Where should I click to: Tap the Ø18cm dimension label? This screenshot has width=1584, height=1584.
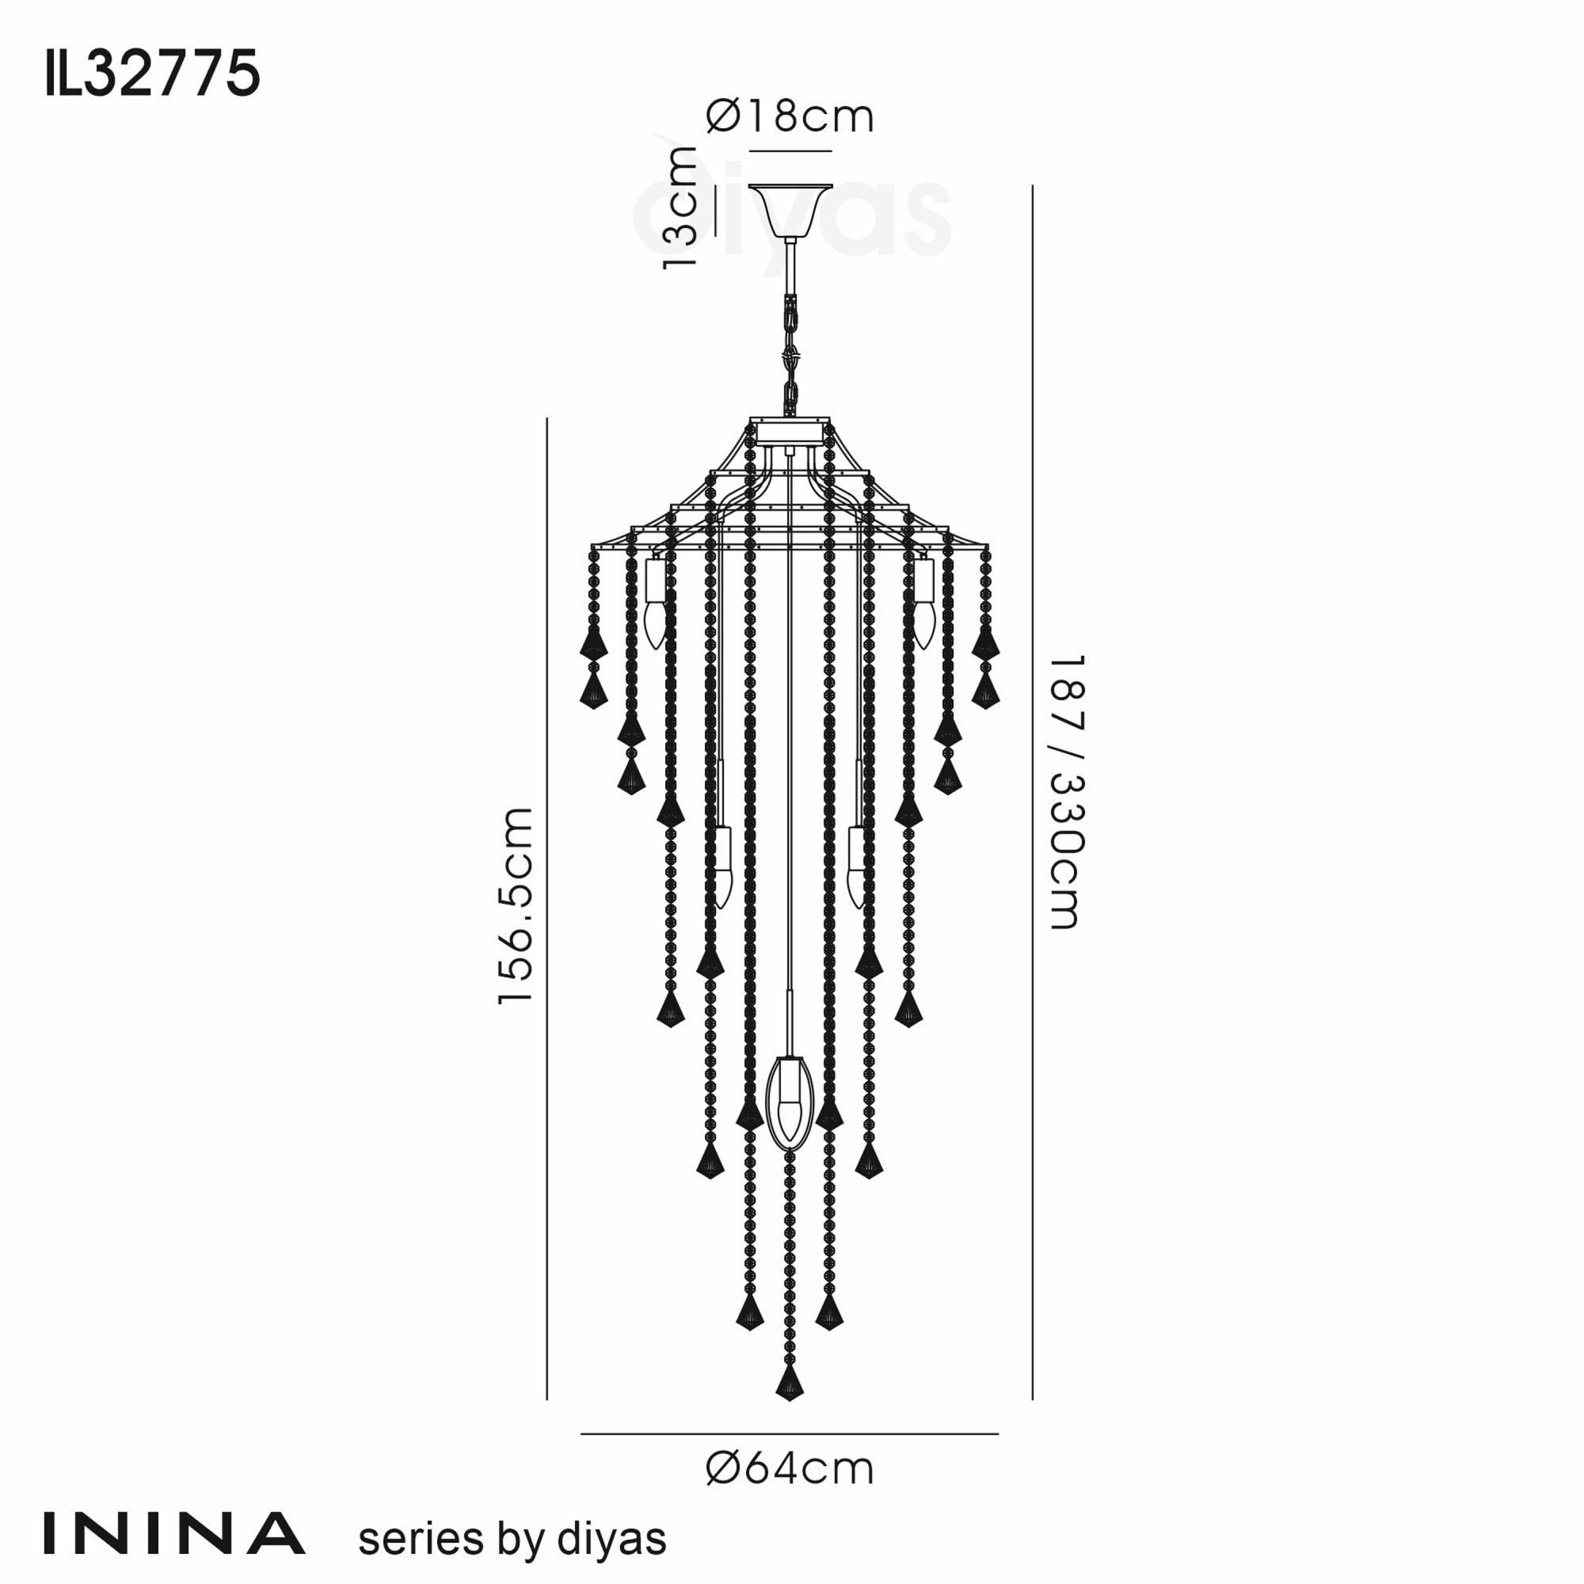click(x=790, y=116)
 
